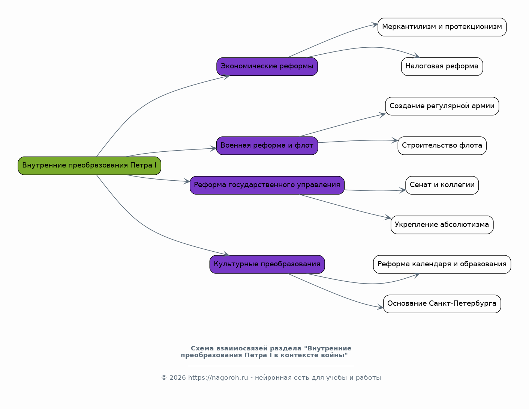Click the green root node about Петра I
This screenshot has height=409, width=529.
click(x=89, y=166)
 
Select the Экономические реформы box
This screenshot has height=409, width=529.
click(x=267, y=66)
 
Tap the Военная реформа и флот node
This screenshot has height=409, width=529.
click(x=267, y=146)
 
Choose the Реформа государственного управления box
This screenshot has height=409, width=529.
click(x=267, y=185)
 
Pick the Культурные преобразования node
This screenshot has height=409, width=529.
click(x=267, y=264)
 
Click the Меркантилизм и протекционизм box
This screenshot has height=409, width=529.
click(x=442, y=27)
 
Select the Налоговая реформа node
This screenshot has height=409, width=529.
click(x=442, y=66)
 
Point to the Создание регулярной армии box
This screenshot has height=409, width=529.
click(x=442, y=106)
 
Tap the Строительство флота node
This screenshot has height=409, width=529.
click(x=442, y=146)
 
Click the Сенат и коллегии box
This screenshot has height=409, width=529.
click(x=442, y=185)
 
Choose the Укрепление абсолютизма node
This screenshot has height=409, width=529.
click(x=442, y=225)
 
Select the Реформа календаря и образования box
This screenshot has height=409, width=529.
click(x=442, y=264)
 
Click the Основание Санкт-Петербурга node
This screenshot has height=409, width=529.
click(x=442, y=304)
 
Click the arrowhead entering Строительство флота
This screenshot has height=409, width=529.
click(x=395, y=140)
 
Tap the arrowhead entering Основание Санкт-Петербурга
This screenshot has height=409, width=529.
click(x=380, y=307)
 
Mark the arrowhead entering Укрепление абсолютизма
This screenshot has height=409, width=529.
click(x=388, y=217)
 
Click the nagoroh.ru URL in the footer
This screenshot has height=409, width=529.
click(x=218, y=377)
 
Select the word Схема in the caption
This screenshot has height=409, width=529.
click(x=202, y=348)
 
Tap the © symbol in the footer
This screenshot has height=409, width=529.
click(x=164, y=378)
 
